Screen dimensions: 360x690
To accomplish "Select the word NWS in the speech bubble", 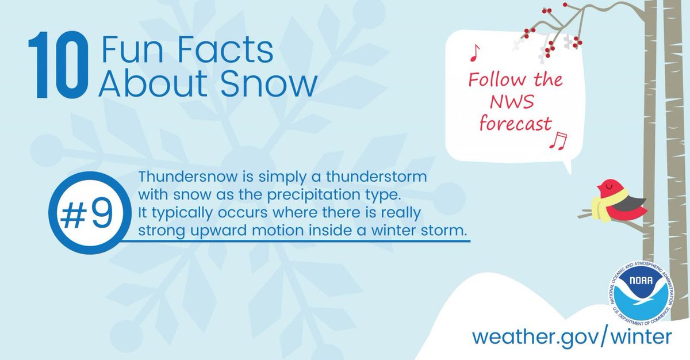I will point(512,102).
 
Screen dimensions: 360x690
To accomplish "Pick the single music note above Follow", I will point(474,53).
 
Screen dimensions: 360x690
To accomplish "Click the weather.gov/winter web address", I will point(572,336).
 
